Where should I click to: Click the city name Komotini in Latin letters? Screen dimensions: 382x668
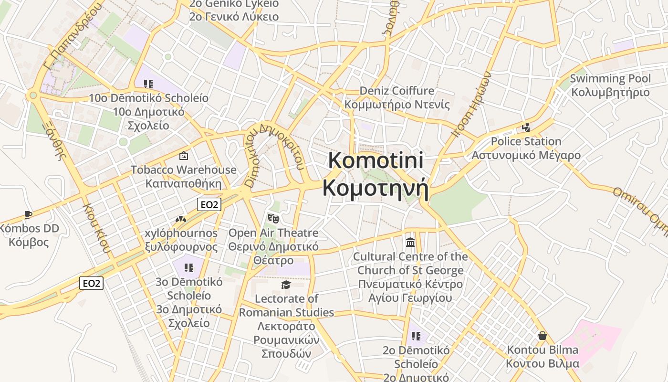pos(376,160)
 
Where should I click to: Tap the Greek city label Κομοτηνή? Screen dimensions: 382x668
pos(376,188)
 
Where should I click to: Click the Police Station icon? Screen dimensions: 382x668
pos(526,127)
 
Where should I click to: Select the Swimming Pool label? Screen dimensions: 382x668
pos(610,78)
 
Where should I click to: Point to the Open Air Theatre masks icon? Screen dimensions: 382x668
pos(273,219)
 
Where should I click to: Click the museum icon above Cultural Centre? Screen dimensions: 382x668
pos(410,243)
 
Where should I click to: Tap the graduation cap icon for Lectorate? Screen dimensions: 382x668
pos(286,285)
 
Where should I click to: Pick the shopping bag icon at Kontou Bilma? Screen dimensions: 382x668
pos(543,336)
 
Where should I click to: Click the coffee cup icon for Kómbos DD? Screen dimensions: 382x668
pos(28,214)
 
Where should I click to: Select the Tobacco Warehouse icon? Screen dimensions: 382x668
pos(183,156)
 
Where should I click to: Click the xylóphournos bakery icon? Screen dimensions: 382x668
pos(180,219)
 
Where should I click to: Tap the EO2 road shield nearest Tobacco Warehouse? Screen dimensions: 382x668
pos(209,205)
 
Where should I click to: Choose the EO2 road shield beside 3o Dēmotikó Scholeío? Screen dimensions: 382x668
pos(91,283)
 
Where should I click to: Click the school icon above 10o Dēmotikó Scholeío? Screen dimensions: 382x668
pos(148,84)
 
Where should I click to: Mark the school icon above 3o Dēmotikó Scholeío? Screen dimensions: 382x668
pos(189,267)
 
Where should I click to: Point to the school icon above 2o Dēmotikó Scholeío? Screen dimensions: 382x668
pos(416,336)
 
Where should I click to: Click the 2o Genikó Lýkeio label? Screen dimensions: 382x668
pos(234,4)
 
